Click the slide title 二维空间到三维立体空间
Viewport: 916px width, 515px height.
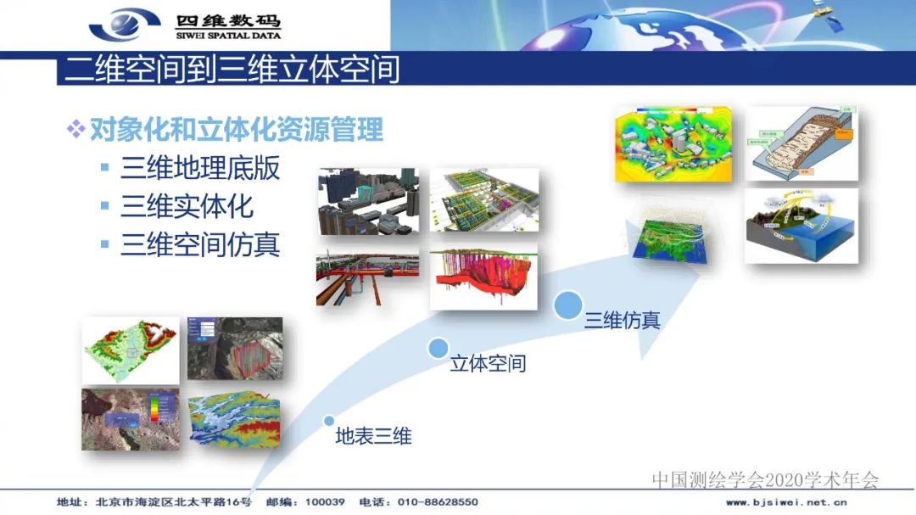pyautogui.click(x=232, y=69)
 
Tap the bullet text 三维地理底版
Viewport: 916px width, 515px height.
pyautogui.click(x=200, y=168)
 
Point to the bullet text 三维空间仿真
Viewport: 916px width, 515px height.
pyautogui.click(x=200, y=244)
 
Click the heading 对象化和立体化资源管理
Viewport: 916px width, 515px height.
pyautogui.click(x=237, y=130)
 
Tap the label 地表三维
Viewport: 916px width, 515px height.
pyautogui.click(x=373, y=436)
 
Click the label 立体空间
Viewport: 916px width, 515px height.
pyautogui.click(x=488, y=363)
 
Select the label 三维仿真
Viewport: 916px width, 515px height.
pyautogui.click(x=622, y=320)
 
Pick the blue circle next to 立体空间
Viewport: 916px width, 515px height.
pyautogui.click(x=438, y=348)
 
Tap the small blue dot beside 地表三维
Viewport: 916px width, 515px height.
pyautogui.click(x=329, y=420)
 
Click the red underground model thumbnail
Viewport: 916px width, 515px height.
pyautogui.click(x=483, y=278)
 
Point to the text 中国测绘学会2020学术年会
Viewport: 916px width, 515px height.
pyautogui.click(x=765, y=480)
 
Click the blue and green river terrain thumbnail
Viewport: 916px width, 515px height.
pyautogui.click(x=233, y=420)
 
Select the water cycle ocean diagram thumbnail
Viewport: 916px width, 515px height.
pyautogui.click(x=801, y=225)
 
